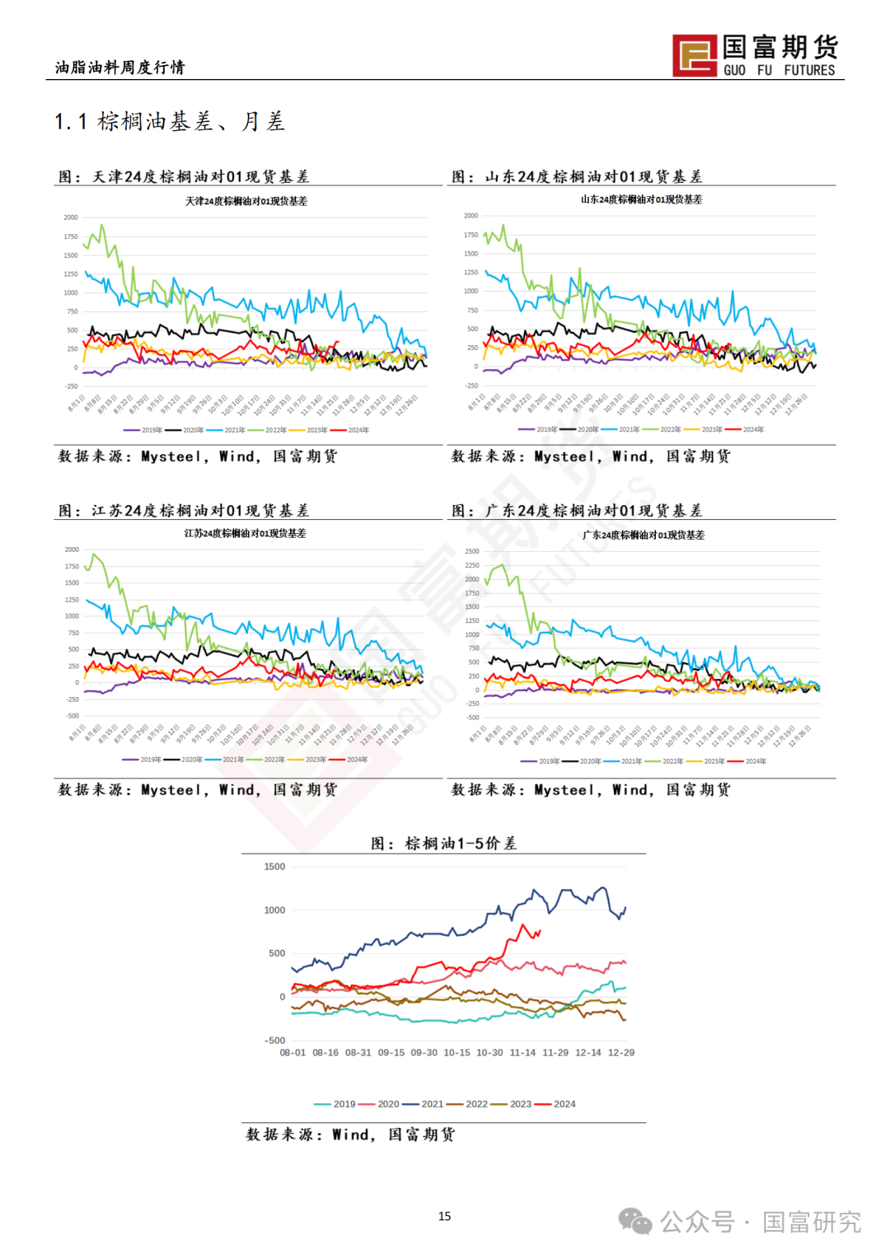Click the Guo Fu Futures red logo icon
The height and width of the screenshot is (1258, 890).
click(694, 55)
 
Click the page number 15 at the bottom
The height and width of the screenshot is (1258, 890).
click(444, 1216)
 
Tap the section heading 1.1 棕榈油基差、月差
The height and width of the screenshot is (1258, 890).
click(170, 122)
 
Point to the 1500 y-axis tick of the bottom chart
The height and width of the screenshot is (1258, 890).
click(274, 867)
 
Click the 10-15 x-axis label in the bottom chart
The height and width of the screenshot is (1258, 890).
click(457, 1053)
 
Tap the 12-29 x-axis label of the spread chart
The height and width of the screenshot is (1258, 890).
click(621, 1053)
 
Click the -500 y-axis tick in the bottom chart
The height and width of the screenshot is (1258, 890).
click(274, 1041)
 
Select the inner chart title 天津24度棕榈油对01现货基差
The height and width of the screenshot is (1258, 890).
click(246, 201)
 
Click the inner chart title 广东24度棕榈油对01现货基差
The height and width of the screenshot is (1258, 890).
click(644, 535)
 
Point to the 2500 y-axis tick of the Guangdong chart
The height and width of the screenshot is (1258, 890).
click(471, 551)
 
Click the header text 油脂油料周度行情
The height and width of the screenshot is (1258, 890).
click(120, 68)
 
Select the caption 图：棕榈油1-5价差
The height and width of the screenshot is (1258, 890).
click(443, 844)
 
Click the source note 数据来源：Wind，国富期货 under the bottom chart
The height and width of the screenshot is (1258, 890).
click(350, 1134)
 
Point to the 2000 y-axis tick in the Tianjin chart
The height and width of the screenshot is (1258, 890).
click(71, 217)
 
